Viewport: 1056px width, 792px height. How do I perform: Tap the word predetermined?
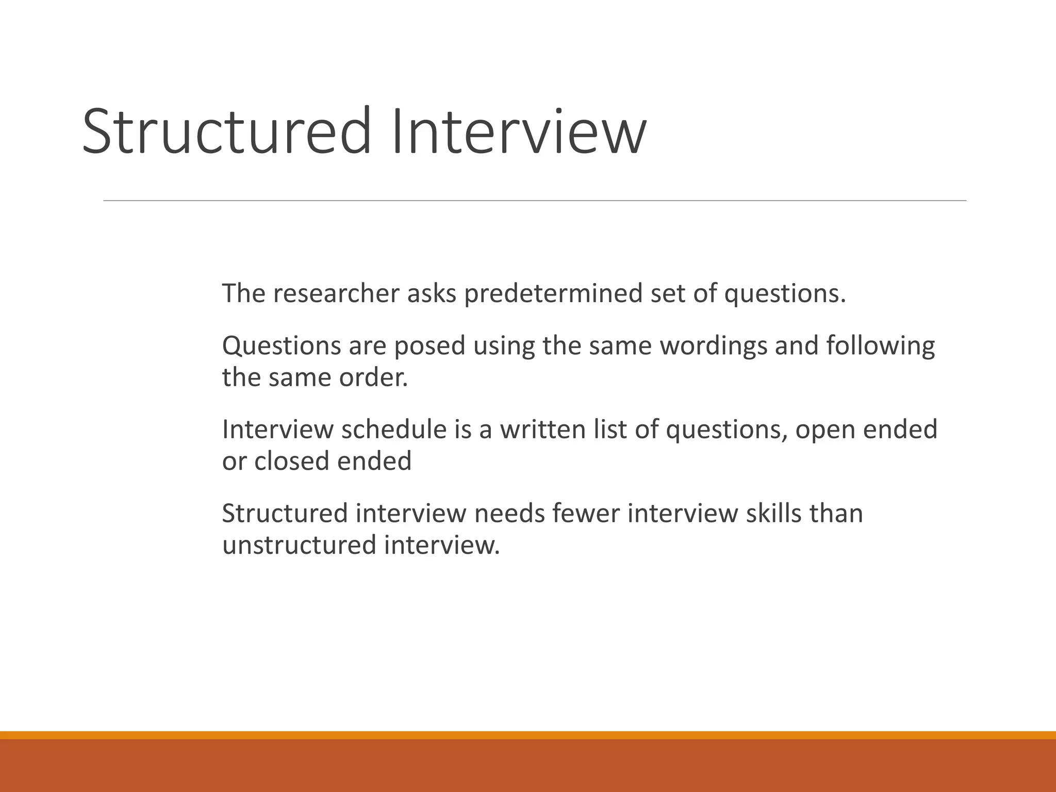point(553,293)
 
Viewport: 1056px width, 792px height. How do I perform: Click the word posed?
point(430,345)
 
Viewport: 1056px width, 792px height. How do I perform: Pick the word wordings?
point(713,345)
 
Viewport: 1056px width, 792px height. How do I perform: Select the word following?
point(880,345)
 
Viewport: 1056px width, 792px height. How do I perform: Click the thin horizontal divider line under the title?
point(535,201)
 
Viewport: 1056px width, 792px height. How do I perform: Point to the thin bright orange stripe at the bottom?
point(528,735)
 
